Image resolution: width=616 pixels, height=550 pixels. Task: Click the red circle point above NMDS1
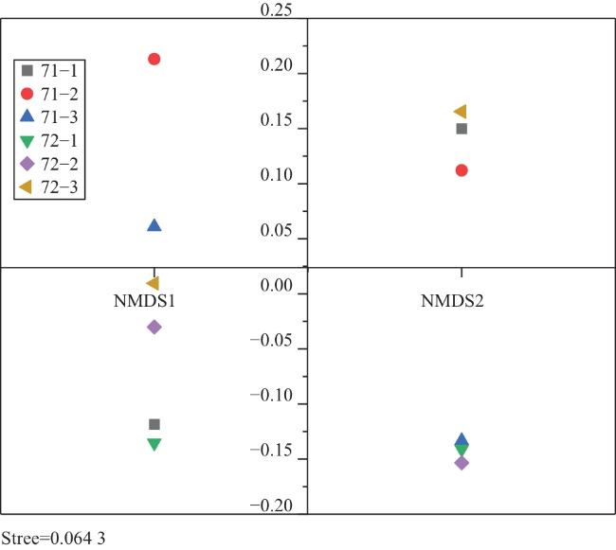click(x=154, y=60)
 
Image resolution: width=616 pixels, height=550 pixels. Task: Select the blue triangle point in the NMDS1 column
click(x=154, y=225)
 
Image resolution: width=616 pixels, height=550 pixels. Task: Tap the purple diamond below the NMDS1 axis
click(x=154, y=327)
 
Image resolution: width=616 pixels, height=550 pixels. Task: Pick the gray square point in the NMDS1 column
click(x=154, y=424)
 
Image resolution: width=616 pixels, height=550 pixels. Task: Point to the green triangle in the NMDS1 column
click(x=154, y=444)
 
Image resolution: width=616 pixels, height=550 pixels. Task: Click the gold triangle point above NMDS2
click(x=461, y=112)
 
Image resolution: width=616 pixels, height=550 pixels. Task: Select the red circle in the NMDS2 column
click(x=462, y=170)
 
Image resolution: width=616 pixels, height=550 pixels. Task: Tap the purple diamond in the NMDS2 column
click(x=462, y=463)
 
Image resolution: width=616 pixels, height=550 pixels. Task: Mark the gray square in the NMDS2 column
click(x=462, y=129)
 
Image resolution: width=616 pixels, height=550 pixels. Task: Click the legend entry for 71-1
click(x=52, y=70)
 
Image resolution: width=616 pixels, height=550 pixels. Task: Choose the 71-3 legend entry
click(x=52, y=116)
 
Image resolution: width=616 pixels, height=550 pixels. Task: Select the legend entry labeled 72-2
click(x=52, y=164)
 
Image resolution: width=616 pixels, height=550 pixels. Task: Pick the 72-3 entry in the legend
click(x=52, y=187)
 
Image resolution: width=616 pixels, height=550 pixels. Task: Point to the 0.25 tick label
click(x=278, y=10)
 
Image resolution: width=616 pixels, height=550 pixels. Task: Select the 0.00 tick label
click(x=278, y=293)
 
